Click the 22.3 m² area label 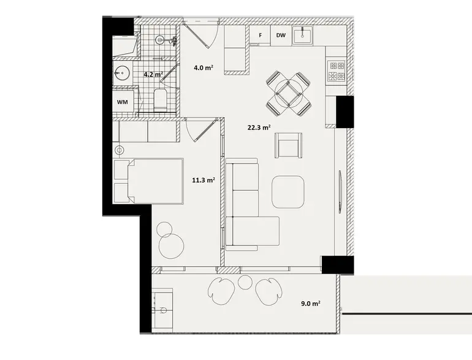coord(259,128)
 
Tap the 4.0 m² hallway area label coord(204,68)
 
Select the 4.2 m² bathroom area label coord(153,74)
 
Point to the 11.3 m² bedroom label coord(204,180)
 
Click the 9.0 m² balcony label coord(311,304)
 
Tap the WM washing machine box coord(123,102)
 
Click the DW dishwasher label coord(281,35)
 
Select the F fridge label coord(261,35)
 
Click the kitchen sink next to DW coord(302,35)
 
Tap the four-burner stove coord(337,71)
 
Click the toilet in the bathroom coord(160,99)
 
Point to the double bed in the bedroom coord(149,181)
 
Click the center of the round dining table coord(289,93)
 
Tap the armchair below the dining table coord(288,145)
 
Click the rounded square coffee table coord(287,192)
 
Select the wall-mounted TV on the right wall coord(340,191)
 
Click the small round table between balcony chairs coord(245,281)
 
